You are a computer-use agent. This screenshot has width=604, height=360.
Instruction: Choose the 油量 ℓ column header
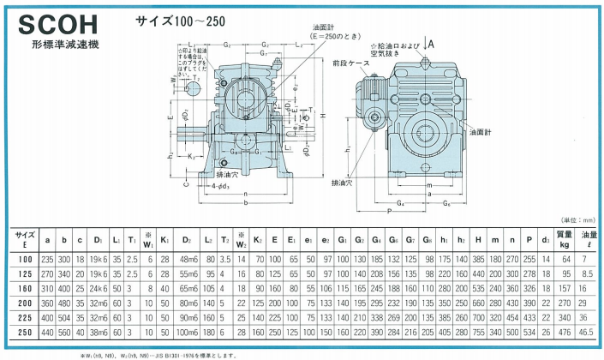tap(591, 236)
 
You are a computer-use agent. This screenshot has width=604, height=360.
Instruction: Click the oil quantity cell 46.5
tap(591, 332)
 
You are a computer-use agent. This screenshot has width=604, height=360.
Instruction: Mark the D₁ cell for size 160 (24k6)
tap(99, 289)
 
